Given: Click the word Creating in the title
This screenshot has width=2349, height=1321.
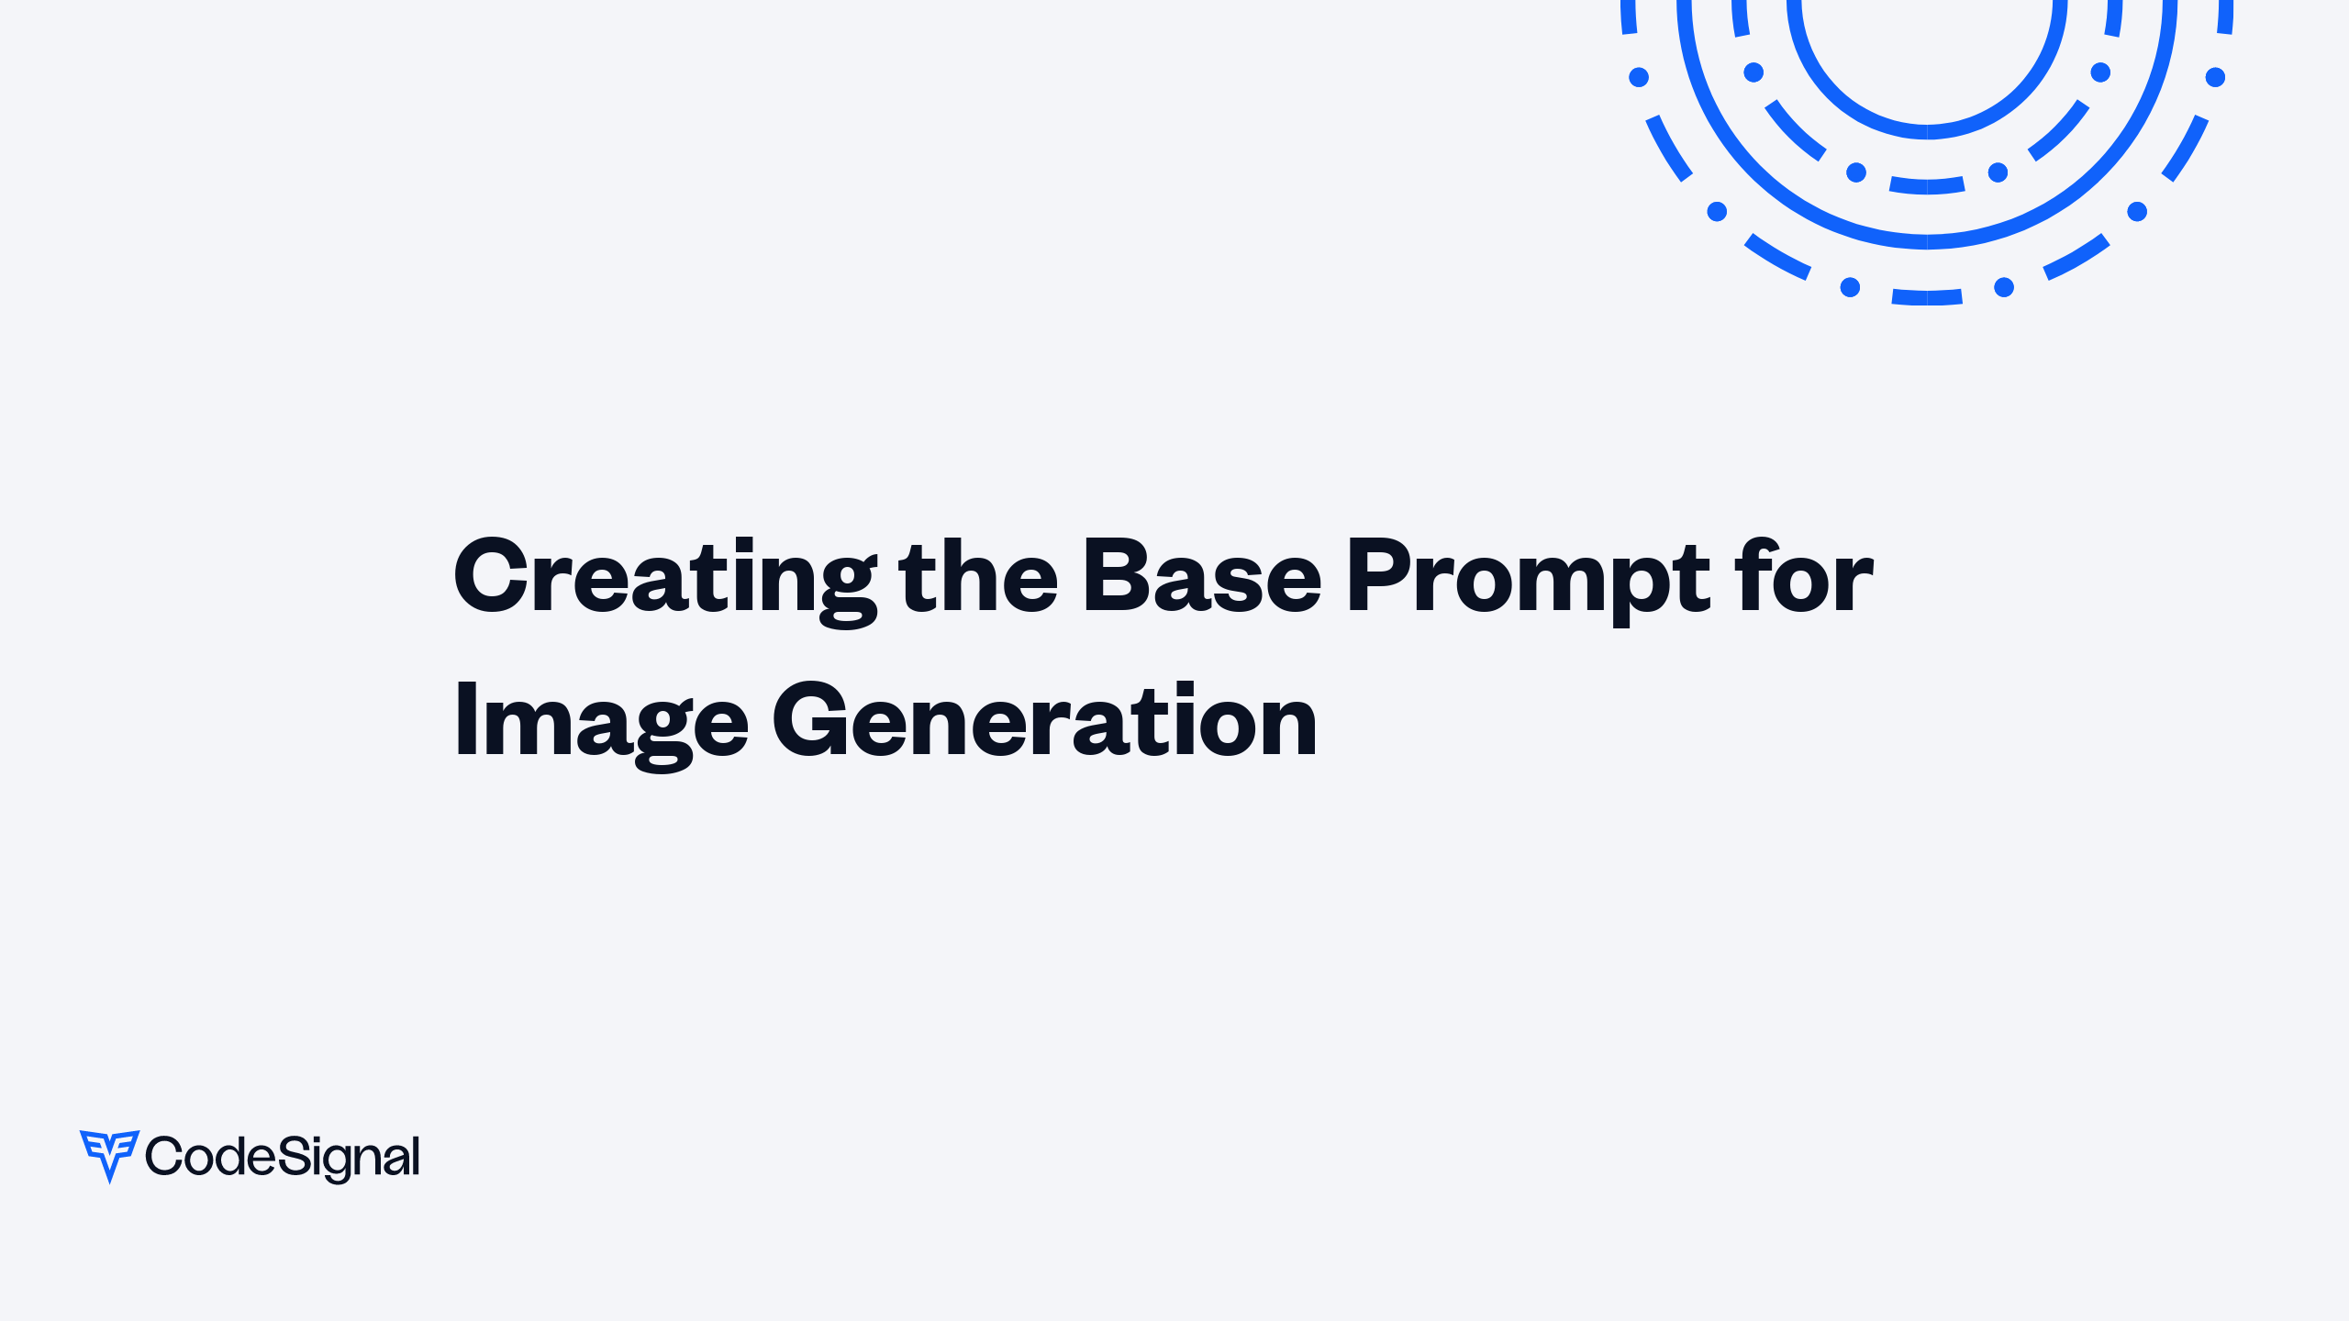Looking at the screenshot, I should [x=664, y=578].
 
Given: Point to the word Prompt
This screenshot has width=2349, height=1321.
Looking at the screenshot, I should [x=1527, y=578].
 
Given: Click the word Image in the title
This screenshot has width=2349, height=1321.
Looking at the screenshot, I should [x=602, y=723].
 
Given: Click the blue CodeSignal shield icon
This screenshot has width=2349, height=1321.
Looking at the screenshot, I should [x=109, y=1154].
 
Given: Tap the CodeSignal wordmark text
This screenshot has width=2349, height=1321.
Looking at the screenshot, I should [x=283, y=1158].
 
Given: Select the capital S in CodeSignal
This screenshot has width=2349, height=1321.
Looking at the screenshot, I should [x=292, y=1156].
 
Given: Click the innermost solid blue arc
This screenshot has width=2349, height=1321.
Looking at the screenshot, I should [x=1927, y=131].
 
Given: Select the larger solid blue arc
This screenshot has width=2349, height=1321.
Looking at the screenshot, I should [x=1927, y=241].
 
